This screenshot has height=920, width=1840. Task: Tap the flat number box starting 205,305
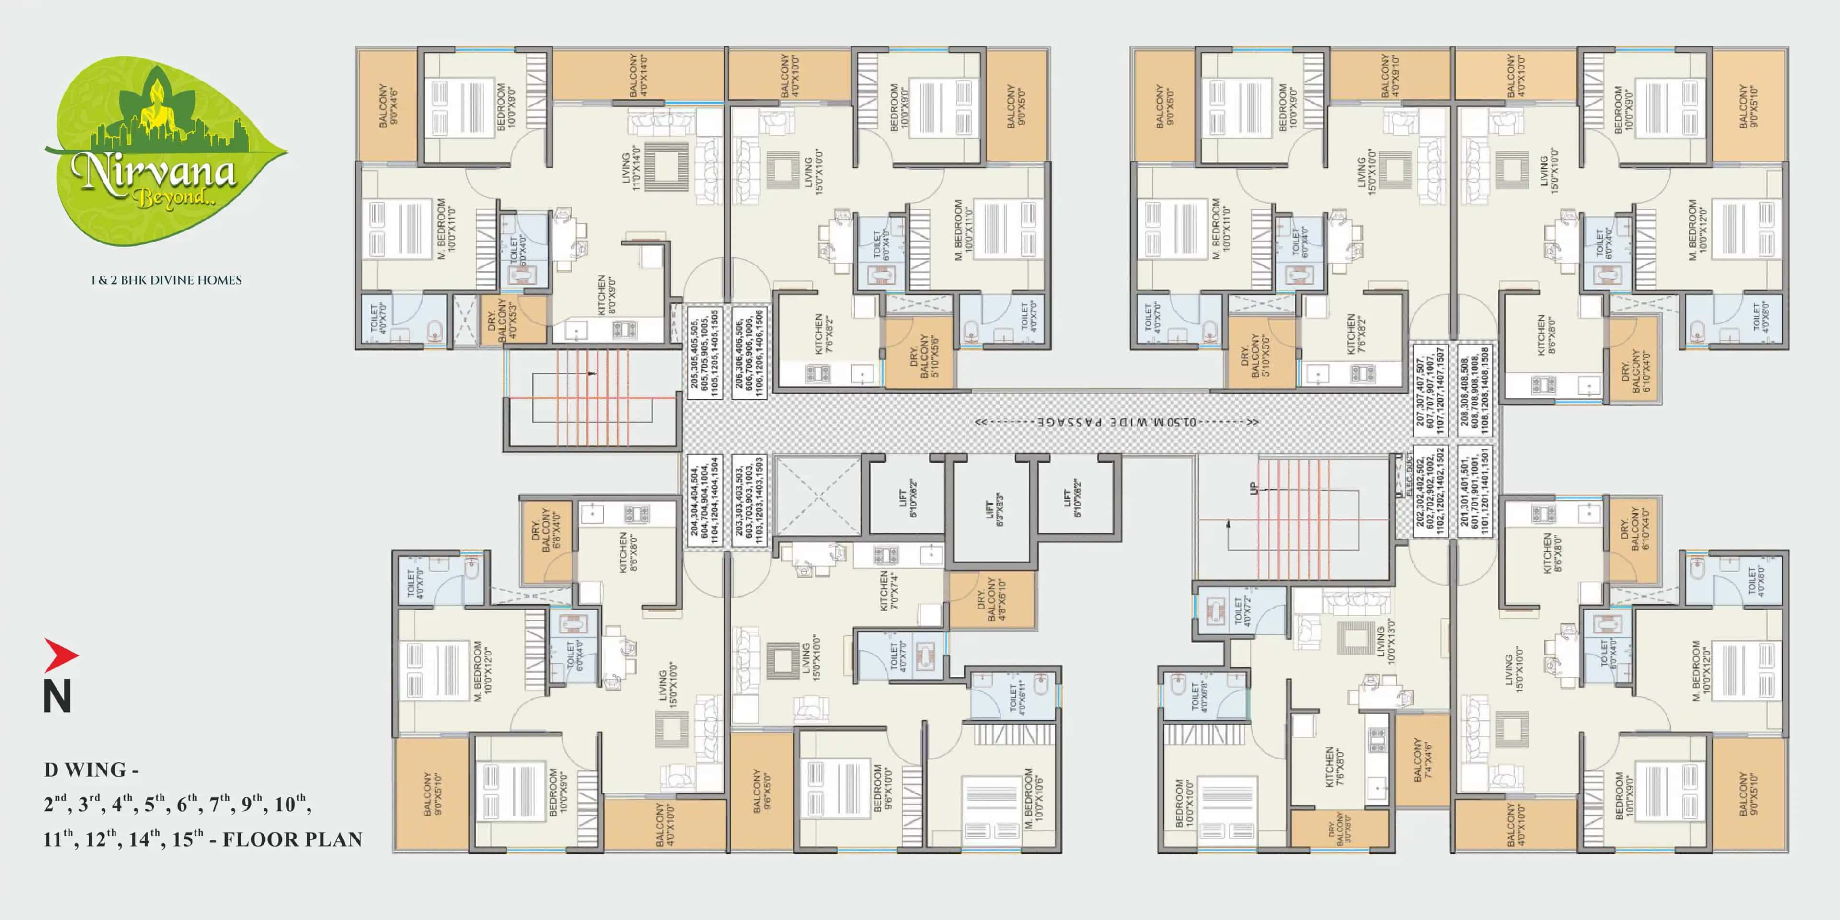[704, 352]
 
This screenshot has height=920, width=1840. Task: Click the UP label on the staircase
[1253, 489]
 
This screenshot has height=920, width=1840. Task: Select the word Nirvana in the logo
[153, 172]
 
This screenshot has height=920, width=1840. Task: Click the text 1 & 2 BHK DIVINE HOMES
[166, 280]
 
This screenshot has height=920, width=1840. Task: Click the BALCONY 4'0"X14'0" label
[638, 74]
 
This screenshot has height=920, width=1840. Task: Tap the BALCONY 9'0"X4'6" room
[388, 106]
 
